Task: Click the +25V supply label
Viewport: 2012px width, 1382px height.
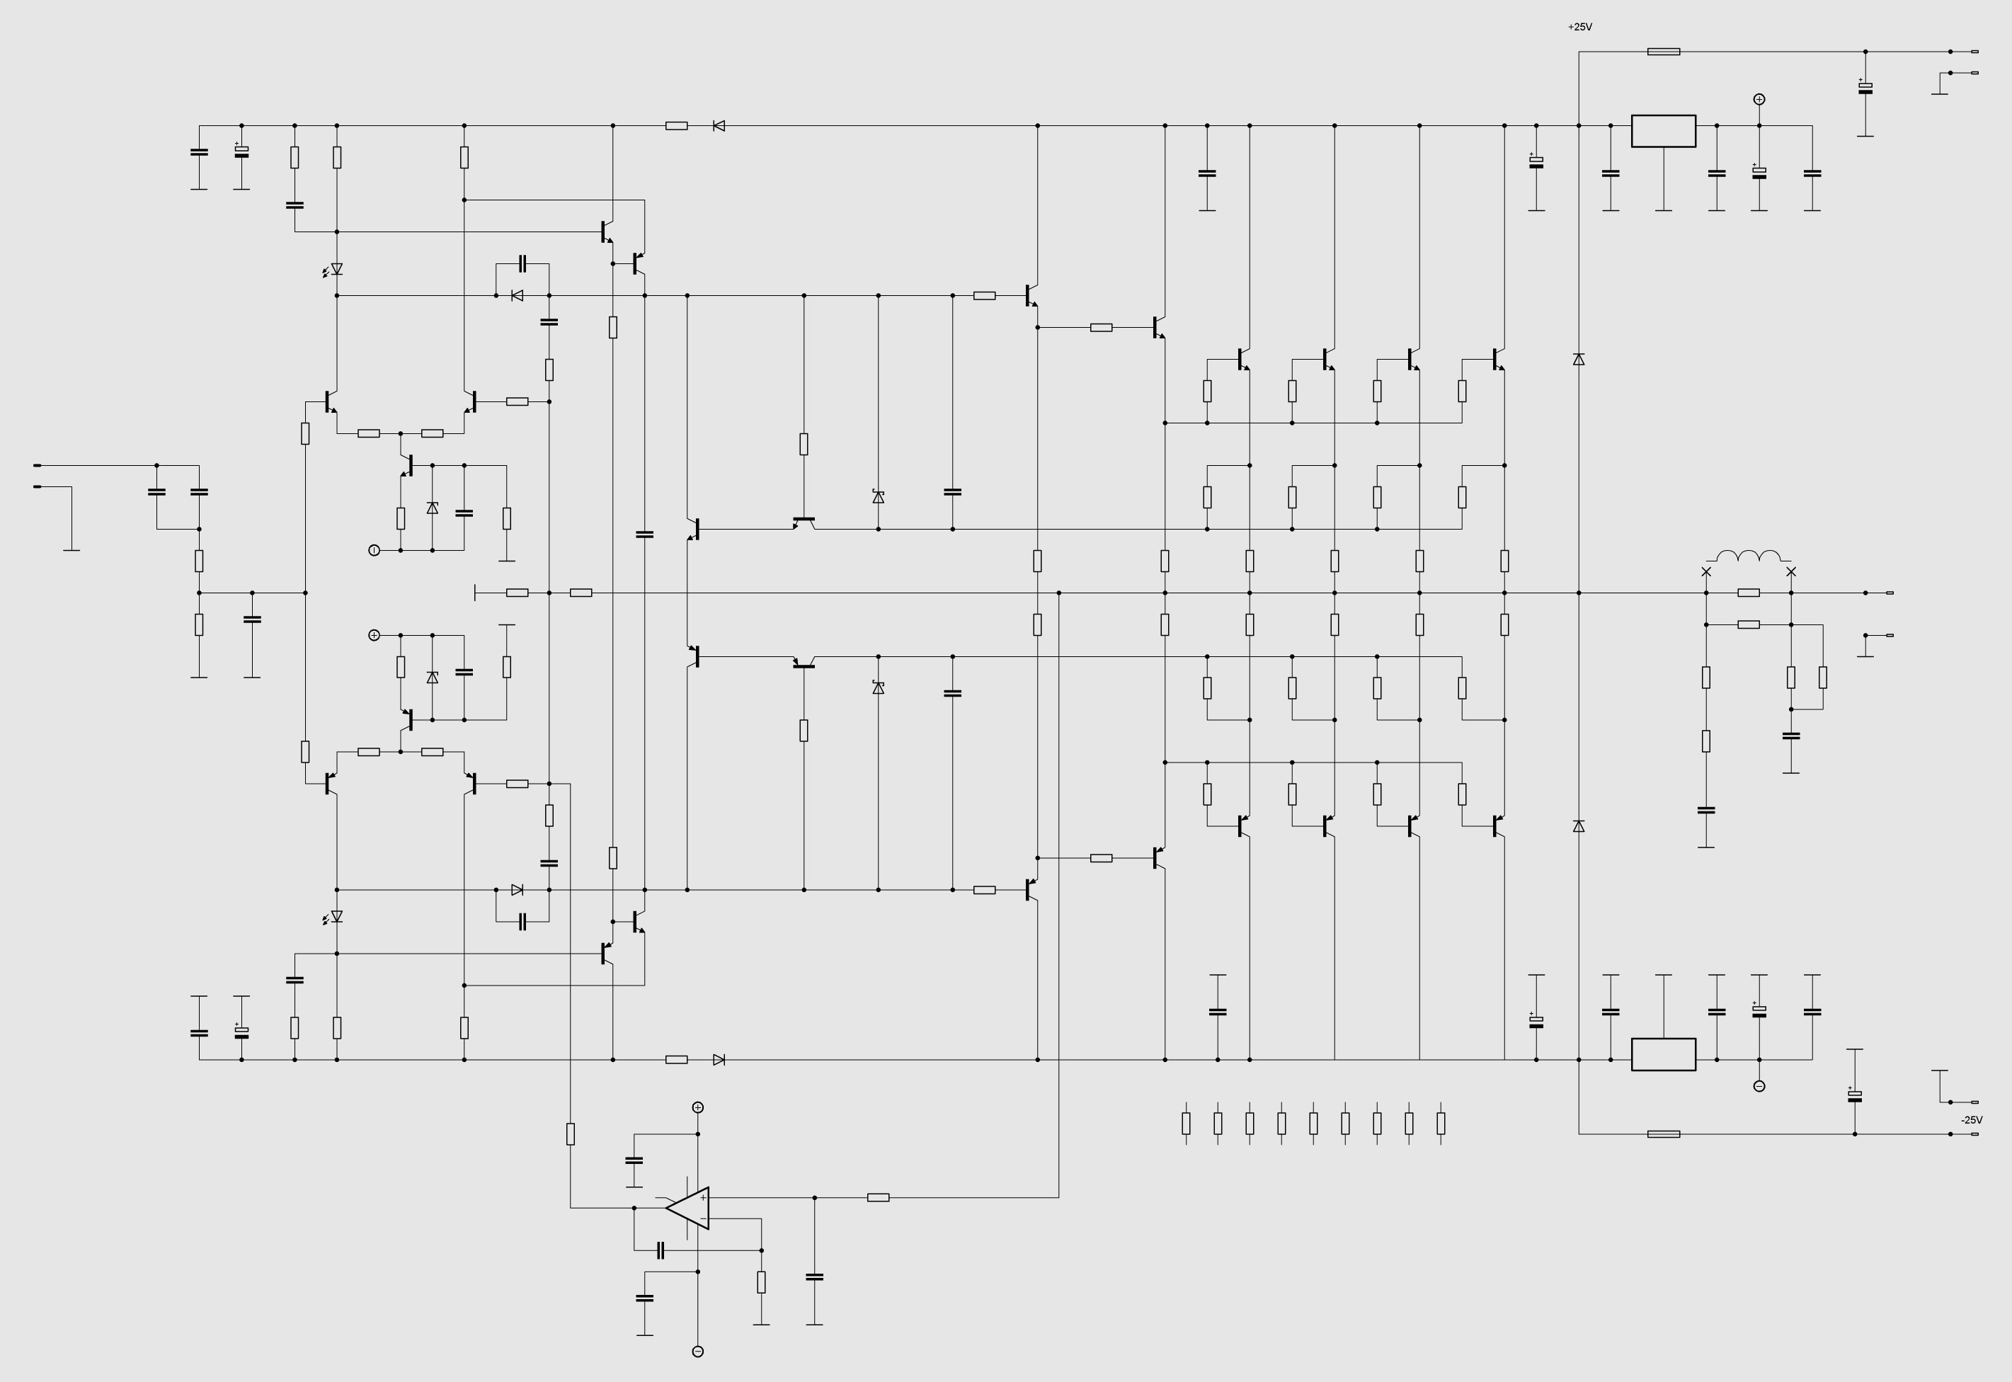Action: (x=1579, y=27)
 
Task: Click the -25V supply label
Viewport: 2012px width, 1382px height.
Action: (x=1972, y=1119)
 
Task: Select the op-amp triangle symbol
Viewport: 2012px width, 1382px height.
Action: (x=687, y=1208)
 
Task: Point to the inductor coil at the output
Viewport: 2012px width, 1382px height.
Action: (x=1749, y=556)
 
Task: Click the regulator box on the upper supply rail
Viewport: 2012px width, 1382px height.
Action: (x=1663, y=131)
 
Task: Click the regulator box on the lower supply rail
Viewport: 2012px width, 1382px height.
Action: (x=1663, y=1053)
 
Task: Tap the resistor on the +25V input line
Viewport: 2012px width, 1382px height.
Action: (x=1663, y=52)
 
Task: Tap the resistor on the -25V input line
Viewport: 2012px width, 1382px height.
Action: (x=1663, y=1133)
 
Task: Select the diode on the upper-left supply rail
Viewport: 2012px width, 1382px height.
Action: (x=719, y=125)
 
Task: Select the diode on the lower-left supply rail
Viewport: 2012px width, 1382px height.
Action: (x=719, y=1059)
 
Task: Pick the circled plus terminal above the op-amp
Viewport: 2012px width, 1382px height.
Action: (x=698, y=1107)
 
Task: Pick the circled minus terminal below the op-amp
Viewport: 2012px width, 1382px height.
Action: (x=698, y=1352)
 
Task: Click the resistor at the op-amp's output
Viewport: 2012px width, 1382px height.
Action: (x=878, y=1197)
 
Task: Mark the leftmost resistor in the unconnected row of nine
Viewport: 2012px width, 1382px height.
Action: (x=1185, y=1123)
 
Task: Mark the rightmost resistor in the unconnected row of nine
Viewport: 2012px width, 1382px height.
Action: (x=1441, y=1123)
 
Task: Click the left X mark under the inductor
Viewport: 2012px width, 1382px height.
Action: (x=1706, y=571)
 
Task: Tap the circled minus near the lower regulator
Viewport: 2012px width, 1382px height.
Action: (x=1759, y=1086)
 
